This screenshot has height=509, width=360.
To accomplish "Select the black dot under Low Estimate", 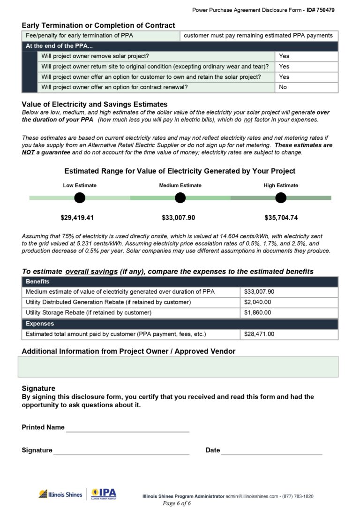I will [x=80, y=198].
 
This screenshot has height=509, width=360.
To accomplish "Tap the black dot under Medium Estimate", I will [x=180, y=198].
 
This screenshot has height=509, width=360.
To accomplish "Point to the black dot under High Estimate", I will [x=281, y=198].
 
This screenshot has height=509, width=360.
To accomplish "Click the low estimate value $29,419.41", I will [x=80, y=218].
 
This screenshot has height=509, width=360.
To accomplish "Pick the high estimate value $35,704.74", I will [x=281, y=218].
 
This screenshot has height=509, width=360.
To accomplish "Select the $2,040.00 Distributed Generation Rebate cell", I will [x=288, y=302].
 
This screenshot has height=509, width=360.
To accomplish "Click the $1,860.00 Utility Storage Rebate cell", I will [x=288, y=312].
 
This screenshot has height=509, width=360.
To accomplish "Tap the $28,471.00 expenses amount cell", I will [x=288, y=334].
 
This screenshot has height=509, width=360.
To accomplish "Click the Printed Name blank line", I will [x=127, y=428].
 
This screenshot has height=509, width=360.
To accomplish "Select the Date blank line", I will [x=271, y=451].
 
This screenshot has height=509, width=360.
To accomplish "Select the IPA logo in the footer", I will [x=104, y=494].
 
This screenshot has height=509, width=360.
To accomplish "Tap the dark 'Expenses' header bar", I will [x=180, y=324].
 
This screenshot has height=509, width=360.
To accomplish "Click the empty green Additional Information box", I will [x=178, y=366].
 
